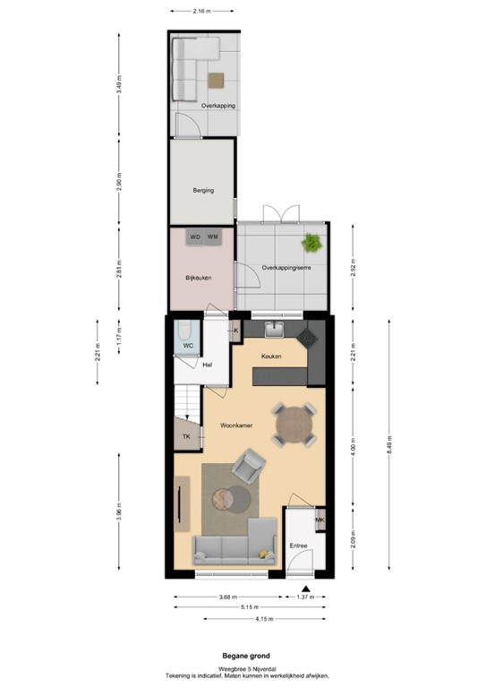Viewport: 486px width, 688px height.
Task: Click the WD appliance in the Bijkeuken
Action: [194, 236]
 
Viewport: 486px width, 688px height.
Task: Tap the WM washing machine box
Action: [213, 236]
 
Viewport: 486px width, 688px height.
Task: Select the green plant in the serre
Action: [312, 242]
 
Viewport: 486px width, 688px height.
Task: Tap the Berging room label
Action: [203, 190]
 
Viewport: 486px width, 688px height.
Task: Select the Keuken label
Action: [271, 357]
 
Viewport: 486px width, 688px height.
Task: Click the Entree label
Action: [297, 546]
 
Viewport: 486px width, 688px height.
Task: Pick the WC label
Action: [189, 345]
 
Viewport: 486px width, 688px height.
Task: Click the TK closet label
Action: [186, 436]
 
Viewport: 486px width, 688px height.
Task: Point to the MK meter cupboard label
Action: [320, 520]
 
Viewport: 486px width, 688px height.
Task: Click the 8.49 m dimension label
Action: [389, 443]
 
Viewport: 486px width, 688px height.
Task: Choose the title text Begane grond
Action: [242, 656]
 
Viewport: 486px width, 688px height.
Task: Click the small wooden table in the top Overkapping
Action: [215, 80]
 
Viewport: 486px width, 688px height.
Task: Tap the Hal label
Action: [207, 365]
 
